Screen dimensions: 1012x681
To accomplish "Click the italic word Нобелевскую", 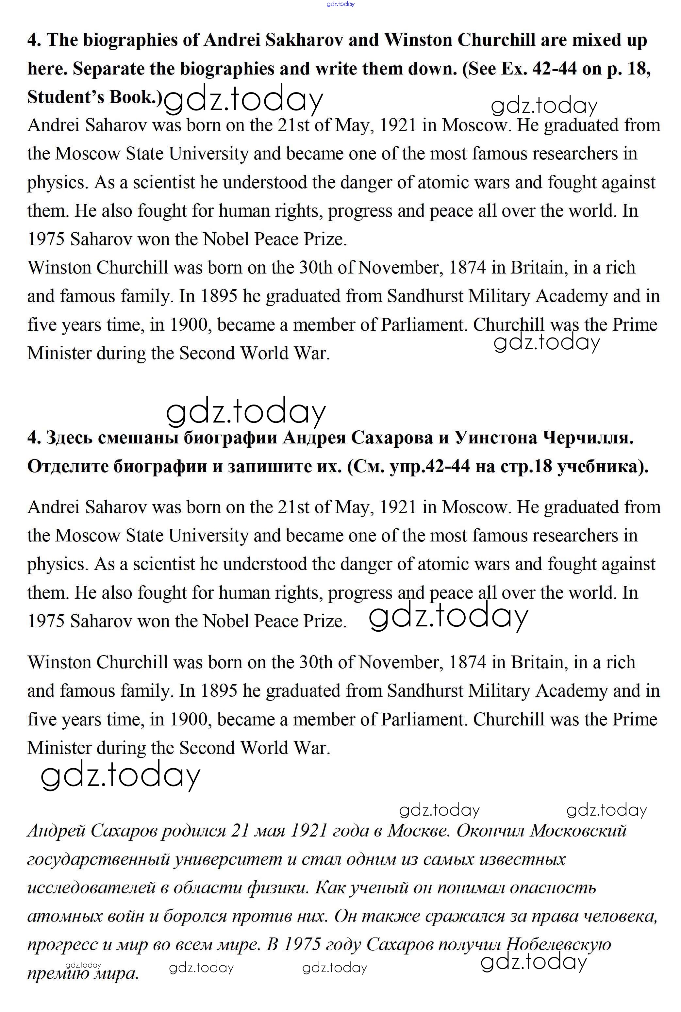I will coord(559,944).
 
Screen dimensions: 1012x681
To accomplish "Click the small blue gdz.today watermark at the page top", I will coord(340,4).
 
